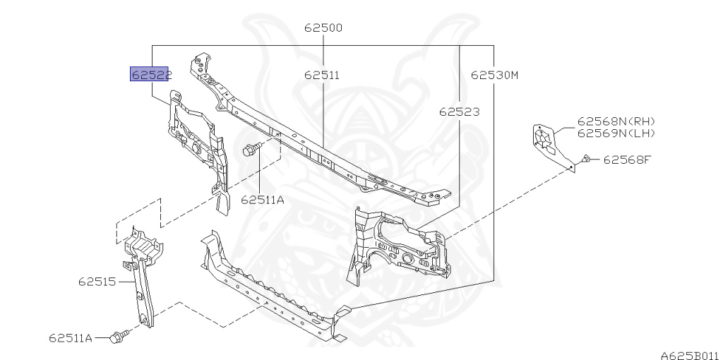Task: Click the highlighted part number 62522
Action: pos(149,75)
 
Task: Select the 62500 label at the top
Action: pos(323,28)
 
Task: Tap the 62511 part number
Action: pos(322,74)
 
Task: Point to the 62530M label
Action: pos(494,74)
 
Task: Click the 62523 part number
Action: pos(458,112)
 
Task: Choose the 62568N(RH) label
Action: pos(616,121)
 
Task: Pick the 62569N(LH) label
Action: pos(616,133)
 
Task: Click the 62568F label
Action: pos(626,160)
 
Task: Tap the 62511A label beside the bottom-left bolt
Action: pos(71,338)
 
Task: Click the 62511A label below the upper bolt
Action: pos(262,200)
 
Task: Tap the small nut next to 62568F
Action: pos(586,160)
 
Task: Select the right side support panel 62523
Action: pos(399,244)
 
